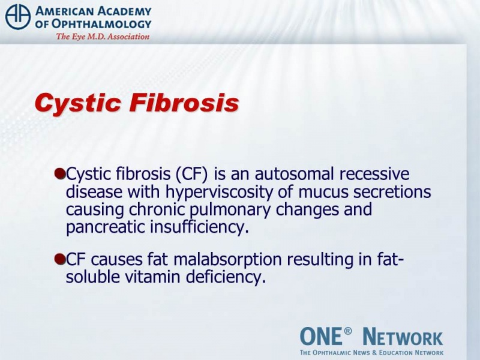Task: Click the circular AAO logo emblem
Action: (x=18, y=17)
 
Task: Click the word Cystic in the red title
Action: (x=78, y=103)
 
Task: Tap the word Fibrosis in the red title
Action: (x=184, y=103)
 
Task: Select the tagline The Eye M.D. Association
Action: (x=103, y=37)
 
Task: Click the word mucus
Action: (x=323, y=193)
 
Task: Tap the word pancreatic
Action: (x=106, y=227)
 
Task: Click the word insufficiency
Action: (x=199, y=227)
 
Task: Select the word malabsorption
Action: (x=227, y=260)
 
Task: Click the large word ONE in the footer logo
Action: (x=320, y=336)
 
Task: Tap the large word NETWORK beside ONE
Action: (x=403, y=337)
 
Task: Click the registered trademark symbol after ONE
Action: (x=347, y=331)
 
